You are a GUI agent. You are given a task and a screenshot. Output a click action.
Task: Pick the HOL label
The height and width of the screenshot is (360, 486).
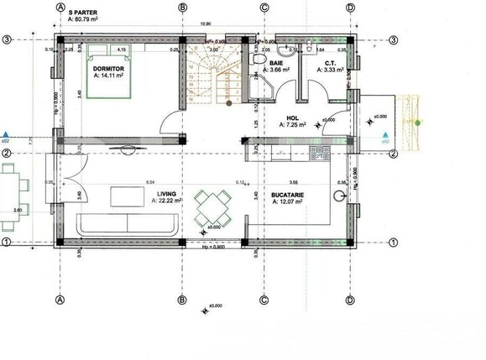click(293, 117)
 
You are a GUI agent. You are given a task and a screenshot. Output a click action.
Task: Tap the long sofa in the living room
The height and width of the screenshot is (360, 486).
click(126, 223)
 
